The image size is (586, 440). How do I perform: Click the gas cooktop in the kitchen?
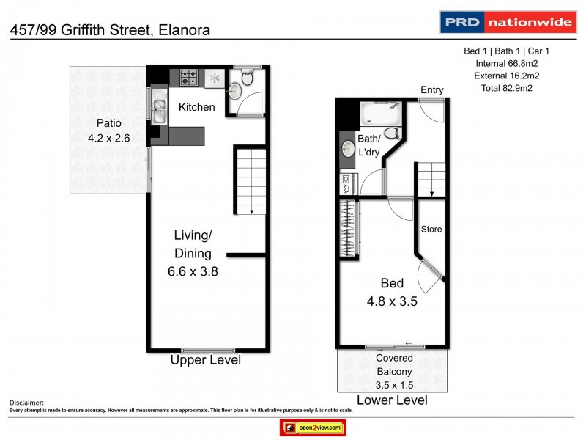[188, 77]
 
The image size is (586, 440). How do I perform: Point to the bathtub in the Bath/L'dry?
[379, 113]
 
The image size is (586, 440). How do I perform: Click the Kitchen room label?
[197, 107]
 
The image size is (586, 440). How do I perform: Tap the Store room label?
[431, 230]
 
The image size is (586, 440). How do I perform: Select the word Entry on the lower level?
[431, 90]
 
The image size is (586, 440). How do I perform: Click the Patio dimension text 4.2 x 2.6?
[108, 137]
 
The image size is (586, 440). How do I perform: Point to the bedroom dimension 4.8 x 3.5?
[392, 300]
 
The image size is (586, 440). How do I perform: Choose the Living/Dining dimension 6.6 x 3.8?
[193, 271]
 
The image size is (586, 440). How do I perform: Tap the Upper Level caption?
[205, 360]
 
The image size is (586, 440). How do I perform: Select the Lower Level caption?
[391, 400]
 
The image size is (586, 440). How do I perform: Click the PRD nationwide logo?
[506, 22]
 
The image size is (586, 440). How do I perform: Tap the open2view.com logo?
[312, 427]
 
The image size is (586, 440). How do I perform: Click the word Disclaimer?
[26, 403]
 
